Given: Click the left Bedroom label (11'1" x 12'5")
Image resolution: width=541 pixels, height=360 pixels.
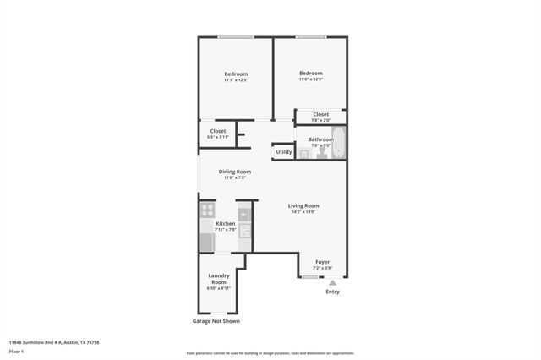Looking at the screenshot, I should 236,77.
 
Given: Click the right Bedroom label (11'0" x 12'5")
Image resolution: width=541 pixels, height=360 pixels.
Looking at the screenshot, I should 310,76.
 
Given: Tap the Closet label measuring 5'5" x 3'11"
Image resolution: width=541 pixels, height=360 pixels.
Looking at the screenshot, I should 218,134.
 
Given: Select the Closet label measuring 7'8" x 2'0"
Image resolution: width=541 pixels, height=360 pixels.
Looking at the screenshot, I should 320,117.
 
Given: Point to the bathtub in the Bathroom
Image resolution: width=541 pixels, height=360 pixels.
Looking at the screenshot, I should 338,142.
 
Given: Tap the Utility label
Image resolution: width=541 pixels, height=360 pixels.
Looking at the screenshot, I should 283,152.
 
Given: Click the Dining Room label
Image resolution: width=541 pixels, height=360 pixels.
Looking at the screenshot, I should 235,174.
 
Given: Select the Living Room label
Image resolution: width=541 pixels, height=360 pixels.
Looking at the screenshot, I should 303,208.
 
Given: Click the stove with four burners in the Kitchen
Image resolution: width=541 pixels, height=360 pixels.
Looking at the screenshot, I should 207,210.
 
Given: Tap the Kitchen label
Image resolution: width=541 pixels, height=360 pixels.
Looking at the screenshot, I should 225,226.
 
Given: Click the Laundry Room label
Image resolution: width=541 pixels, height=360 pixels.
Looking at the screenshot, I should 219,281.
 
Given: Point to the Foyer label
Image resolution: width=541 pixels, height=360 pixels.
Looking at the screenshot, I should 322,265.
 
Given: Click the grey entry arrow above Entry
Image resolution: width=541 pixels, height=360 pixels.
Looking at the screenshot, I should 332,281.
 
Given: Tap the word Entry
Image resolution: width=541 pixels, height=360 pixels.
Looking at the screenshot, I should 332,292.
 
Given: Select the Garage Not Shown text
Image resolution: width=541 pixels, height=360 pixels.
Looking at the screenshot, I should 216,321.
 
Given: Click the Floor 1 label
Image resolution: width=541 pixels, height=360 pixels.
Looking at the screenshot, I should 16,351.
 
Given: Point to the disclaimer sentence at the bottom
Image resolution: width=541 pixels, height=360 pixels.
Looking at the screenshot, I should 270,353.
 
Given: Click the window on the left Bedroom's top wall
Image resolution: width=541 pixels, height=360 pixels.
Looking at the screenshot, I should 236,37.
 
